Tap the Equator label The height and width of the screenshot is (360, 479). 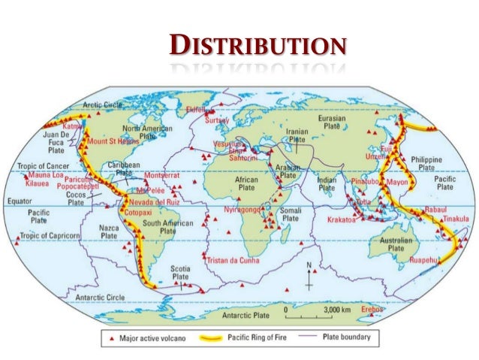pyautogui.click(x=21, y=201)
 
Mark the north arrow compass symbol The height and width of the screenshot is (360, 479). pyautogui.click(x=309, y=277)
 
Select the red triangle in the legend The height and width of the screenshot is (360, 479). pyautogui.click(x=111, y=338)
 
